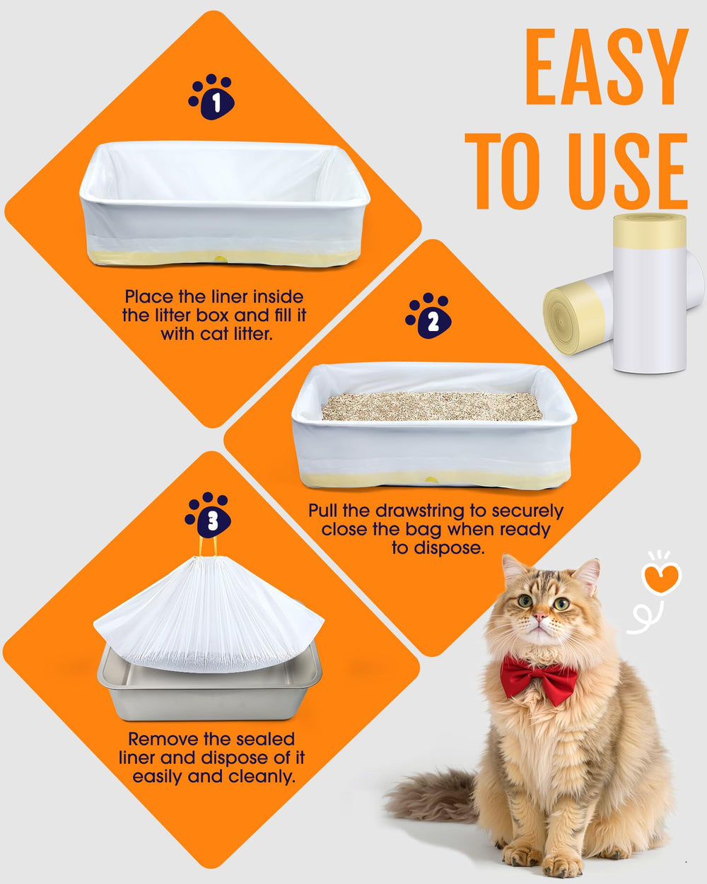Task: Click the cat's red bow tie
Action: [x=539, y=677]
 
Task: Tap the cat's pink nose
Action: [x=539, y=617]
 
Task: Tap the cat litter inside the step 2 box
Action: [x=431, y=406]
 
